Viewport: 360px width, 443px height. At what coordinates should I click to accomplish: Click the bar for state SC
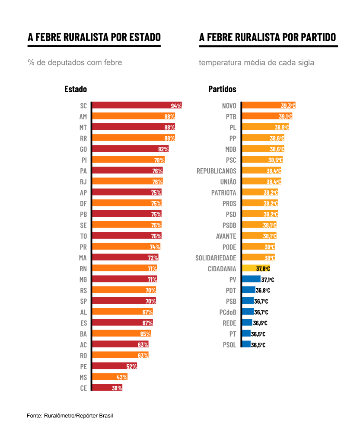[137, 106]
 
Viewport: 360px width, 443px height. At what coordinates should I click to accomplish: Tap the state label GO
[83, 149]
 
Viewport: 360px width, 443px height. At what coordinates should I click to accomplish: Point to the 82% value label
[163, 149]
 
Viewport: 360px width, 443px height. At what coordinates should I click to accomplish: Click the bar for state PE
[115, 366]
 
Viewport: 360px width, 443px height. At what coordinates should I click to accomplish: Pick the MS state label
[83, 377]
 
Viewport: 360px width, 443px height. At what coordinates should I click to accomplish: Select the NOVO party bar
[268, 106]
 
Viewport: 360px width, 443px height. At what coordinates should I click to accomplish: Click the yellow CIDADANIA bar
[256, 269]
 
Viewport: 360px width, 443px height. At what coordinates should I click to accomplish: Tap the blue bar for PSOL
[246, 345]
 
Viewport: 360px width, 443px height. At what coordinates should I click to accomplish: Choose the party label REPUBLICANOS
[217, 171]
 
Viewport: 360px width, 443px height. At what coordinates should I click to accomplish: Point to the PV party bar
[251, 279]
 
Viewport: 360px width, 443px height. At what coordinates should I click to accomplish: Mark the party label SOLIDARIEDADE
[216, 258]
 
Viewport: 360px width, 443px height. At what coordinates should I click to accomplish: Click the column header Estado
[76, 89]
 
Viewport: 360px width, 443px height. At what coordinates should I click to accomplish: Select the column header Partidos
[223, 89]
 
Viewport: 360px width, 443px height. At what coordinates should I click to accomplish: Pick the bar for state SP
[124, 301]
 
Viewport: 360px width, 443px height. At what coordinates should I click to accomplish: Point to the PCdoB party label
[228, 312]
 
